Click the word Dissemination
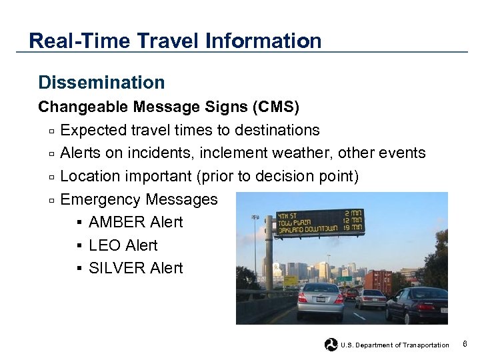coord(101,83)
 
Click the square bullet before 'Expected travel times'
coord(51,131)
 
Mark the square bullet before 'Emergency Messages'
coord(51,200)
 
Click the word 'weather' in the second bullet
coord(303,153)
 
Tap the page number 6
coord(465,344)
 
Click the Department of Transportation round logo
coord(331,345)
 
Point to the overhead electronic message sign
coord(321,223)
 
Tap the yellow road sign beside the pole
coord(291,281)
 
